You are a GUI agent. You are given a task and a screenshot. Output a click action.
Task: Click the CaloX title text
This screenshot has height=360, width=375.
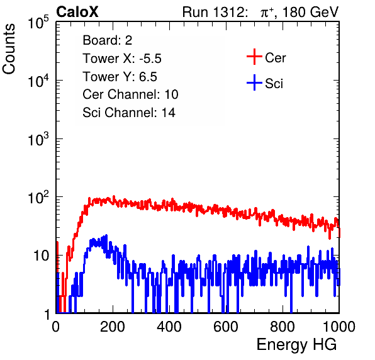pyautogui.click(x=77, y=12)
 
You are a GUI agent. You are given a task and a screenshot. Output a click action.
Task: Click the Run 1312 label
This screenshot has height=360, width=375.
pyautogui.click(x=215, y=12)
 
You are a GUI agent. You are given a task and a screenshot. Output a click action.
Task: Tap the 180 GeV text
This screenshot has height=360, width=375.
pyautogui.click(x=311, y=12)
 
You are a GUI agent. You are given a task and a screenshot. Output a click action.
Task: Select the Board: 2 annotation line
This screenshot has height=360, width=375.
pyautogui.click(x=108, y=40)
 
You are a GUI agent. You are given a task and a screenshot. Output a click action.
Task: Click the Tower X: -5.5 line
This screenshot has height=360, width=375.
pyautogui.click(x=122, y=59)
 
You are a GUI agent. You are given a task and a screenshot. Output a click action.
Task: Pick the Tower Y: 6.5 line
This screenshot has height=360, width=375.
pyautogui.click(x=120, y=77)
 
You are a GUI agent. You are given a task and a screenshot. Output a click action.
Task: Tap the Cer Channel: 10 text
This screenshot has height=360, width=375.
pyautogui.click(x=130, y=94)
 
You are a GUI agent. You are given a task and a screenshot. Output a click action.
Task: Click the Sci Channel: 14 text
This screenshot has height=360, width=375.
pyautogui.click(x=129, y=113)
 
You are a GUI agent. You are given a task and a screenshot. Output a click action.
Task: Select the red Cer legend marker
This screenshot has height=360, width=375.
pyautogui.click(x=254, y=57)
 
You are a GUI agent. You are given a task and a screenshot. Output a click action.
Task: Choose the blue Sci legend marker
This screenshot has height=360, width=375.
pyautogui.click(x=254, y=82)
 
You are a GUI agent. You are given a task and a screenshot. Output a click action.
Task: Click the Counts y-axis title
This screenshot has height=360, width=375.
pyautogui.click(x=9, y=48)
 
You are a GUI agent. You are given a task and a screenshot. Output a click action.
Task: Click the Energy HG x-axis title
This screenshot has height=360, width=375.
pyautogui.click(x=296, y=345)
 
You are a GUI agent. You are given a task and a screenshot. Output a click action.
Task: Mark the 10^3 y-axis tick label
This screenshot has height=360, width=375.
pyautogui.click(x=38, y=138)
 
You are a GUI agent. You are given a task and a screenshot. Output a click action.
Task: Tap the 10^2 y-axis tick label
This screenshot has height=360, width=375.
pyautogui.click(x=38, y=197)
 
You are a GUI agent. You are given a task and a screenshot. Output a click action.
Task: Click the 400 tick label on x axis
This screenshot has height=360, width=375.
pyautogui.click(x=169, y=326)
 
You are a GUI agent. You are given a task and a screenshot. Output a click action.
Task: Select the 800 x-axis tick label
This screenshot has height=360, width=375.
pyautogui.click(x=283, y=326)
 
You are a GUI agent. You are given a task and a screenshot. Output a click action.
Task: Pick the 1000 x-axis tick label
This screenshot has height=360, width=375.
pyautogui.click(x=339, y=326)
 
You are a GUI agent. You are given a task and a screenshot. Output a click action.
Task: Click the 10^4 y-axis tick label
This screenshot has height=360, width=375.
pyautogui.click(x=38, y=81)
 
